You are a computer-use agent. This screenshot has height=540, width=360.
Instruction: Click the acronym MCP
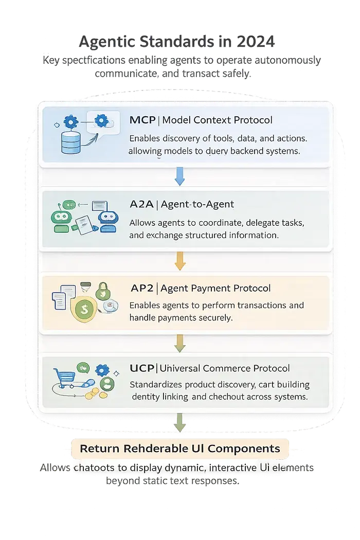(x=142, y=120)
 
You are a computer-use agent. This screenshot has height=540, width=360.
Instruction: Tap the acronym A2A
(x=142, y=204)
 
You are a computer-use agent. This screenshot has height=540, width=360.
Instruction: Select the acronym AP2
(x=142, y=288)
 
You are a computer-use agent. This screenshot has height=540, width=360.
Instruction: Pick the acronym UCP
(x=142, y=368)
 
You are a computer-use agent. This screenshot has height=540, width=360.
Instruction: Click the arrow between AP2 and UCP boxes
(x=179, y=343)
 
